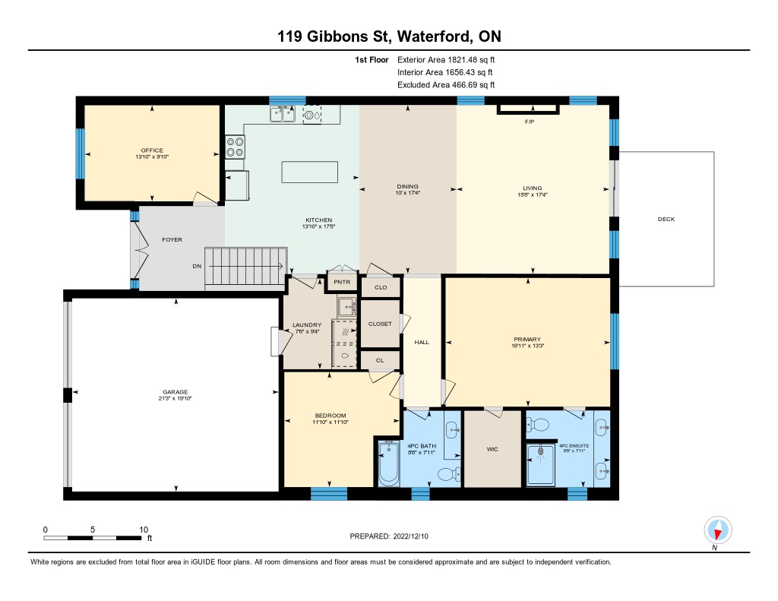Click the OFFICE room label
(152, 150)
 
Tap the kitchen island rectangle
(310, 172)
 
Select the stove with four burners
(236, 147)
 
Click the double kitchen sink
(283, 114)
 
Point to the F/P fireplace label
(530, 122)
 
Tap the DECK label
(666, 219)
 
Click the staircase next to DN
(245, 266)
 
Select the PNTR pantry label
(342, 282)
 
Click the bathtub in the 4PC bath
(389, 463)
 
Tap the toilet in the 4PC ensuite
(537, 425)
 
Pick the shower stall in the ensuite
(541, 464)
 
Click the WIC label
(492, 449)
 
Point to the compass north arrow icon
(717, 530)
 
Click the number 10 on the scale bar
(144, 530)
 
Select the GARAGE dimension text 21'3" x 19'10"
(176, 398)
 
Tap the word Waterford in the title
(435, 36)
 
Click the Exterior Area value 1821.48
(463, 59)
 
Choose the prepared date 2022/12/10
(411, 536)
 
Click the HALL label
(422, 342)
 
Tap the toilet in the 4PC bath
(449, 474)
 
